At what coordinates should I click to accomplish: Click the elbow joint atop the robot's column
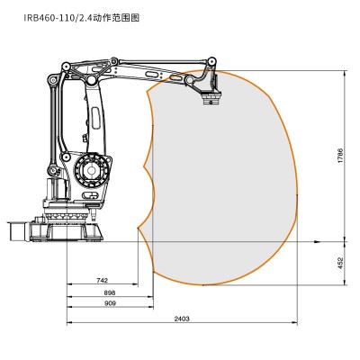coord(89,78)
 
